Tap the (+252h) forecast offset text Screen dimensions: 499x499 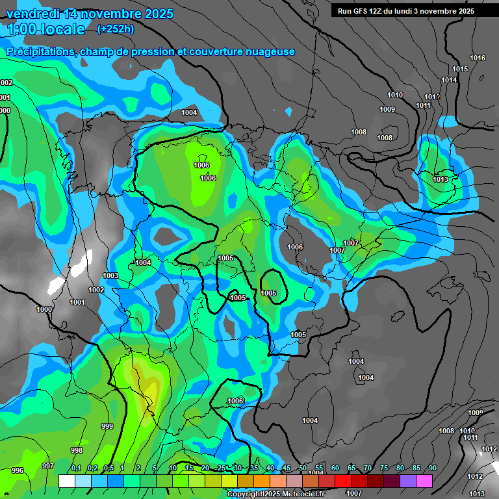click(116, 29)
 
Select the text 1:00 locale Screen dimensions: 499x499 click(46, 29)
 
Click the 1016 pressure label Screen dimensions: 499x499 click(478, 58)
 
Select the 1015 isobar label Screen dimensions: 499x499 click(460, 69)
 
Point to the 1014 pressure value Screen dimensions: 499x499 click(449, 80)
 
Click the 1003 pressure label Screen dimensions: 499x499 click(110, 276)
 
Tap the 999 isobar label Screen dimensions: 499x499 click(107, 426)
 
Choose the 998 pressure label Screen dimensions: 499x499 click(77, 450)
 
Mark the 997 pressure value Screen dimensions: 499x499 click(47, 466)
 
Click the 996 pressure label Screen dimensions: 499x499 click(17, 470)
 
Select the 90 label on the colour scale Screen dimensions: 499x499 click(433, 468)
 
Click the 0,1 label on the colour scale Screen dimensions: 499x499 click(76, 468)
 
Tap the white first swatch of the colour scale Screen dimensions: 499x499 click(66, 481)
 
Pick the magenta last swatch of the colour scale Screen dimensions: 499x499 click(424, 481)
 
